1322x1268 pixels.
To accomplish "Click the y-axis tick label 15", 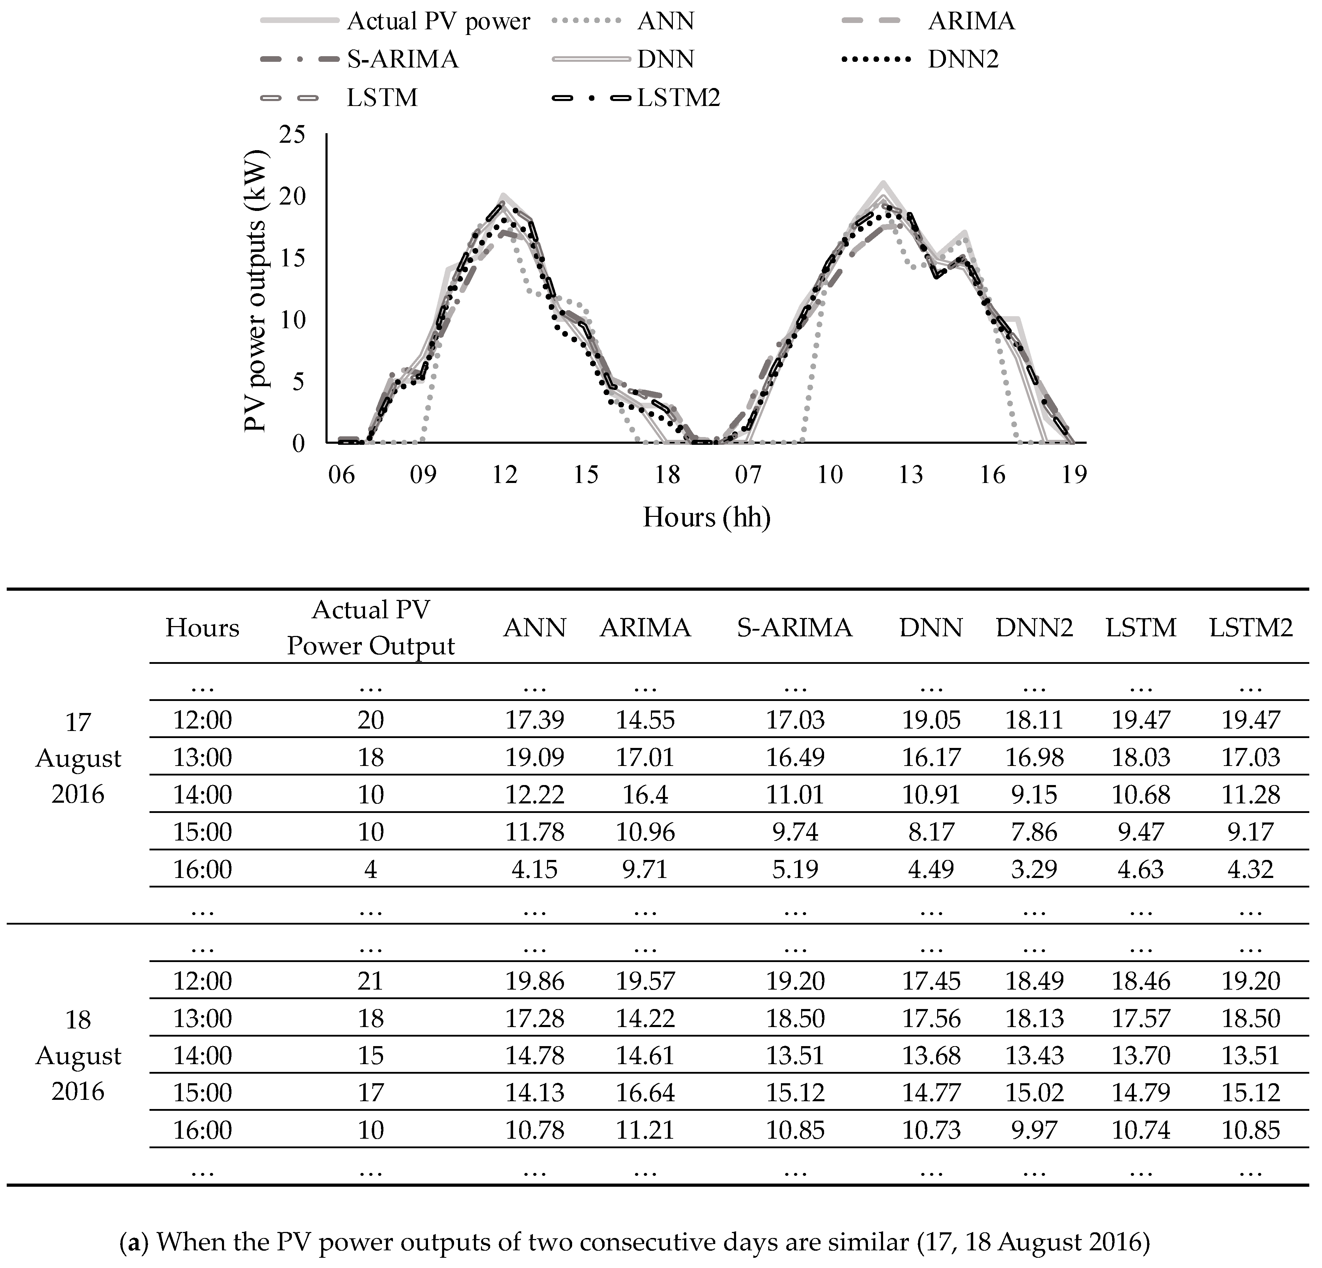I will click(x=292, y=258).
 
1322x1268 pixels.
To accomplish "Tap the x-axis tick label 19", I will click(x=1074, y=475).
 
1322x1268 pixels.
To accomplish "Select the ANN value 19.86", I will click(x=535, y=981).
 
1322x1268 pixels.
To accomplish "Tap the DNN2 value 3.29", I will click(x=1034, y=869).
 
